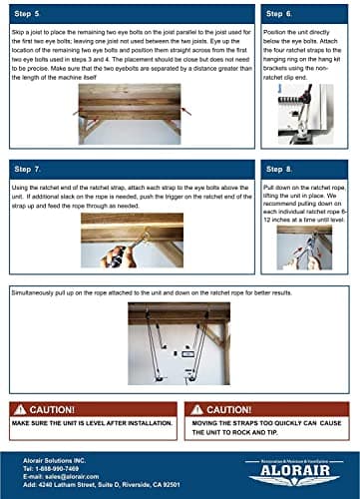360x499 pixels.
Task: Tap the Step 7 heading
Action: coord(32,170)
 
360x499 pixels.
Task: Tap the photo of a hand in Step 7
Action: coord(132,243)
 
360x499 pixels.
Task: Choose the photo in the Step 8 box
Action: coord(304,247)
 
